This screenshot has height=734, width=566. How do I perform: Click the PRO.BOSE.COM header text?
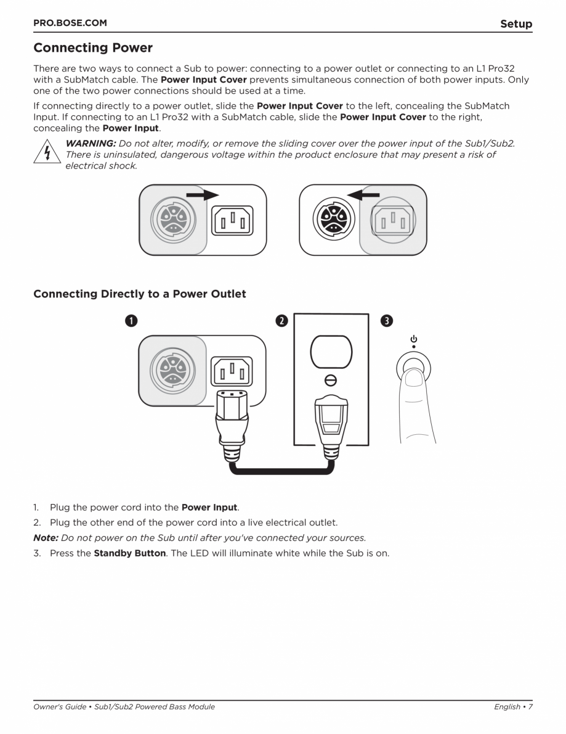(70, 23)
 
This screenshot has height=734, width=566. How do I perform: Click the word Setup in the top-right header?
(515, 24)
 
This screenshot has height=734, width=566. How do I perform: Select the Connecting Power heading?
(93, 47)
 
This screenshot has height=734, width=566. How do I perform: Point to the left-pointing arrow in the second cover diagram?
(363, 194)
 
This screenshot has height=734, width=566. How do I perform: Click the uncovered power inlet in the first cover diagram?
(232, 220)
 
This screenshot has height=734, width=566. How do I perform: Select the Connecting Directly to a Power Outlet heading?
(140, 294)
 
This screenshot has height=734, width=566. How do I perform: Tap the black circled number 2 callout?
(281, 321)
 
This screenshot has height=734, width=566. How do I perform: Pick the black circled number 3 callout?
(386, 321)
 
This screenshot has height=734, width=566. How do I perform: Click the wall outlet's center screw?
(331, 381)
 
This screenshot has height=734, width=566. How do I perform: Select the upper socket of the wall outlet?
(331, 352)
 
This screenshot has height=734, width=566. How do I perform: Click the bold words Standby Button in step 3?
(129, 553)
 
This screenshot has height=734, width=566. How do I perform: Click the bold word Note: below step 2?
(46, 537)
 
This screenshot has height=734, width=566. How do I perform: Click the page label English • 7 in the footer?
(512, 707)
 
